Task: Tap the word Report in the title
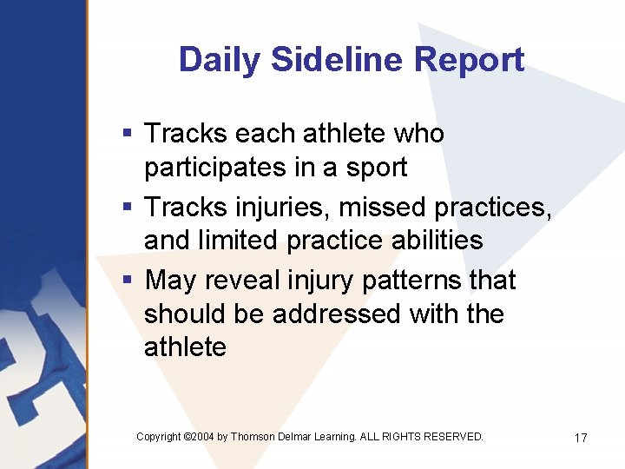click(470, 60)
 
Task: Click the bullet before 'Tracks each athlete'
click(127, 134)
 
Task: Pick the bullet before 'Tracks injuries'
click(127, 208)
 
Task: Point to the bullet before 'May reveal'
click(127, 281)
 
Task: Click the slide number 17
click(581, 438)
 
